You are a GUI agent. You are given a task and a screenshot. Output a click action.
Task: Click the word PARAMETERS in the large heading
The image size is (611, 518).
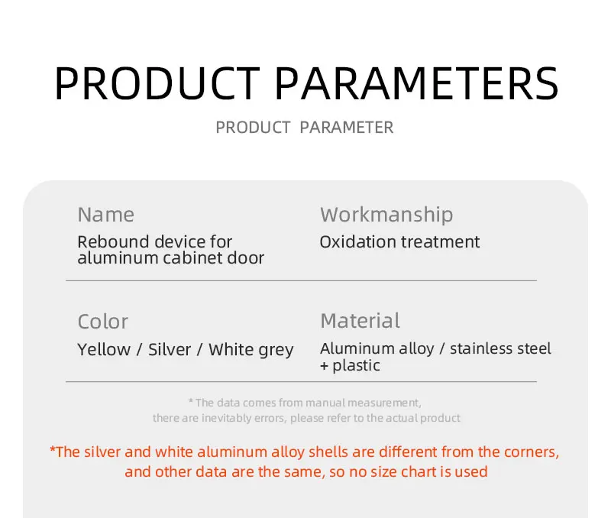417,83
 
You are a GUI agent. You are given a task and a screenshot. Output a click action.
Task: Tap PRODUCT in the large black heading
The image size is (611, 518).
157,83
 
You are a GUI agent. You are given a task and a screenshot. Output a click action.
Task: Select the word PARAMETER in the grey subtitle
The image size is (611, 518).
347,128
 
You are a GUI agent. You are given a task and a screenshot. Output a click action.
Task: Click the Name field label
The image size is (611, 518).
106,215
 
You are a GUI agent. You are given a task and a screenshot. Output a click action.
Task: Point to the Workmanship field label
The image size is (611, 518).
386,215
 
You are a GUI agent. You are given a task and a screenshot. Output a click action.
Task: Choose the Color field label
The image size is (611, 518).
103,322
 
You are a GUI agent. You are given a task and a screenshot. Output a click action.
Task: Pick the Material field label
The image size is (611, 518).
360,321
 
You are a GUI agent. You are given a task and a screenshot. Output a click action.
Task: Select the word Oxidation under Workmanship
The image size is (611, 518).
357,241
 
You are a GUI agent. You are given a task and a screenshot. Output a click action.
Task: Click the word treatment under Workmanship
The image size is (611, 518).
440,242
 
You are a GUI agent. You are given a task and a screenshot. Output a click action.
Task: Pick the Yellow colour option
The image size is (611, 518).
104,349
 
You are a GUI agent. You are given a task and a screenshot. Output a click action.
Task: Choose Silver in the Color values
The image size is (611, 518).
170,349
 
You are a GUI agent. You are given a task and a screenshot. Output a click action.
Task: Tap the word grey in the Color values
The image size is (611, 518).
276,351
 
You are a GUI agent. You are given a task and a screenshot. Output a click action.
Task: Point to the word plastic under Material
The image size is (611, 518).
356,366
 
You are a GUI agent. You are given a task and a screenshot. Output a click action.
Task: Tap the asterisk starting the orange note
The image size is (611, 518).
53,450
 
